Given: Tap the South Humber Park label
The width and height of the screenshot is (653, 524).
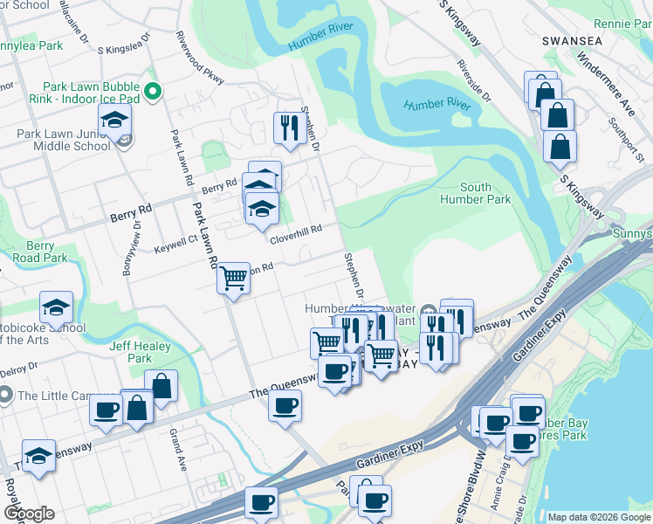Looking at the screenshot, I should coord(486,193).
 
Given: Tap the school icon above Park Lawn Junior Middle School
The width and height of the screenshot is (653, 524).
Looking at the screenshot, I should coord(114,121).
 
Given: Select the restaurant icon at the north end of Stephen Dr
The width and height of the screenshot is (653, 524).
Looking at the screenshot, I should coord(285,128).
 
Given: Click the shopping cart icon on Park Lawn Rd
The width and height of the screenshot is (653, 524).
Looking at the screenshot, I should coord(233,279).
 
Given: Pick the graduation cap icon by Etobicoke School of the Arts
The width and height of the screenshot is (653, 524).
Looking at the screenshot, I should coord(56,307).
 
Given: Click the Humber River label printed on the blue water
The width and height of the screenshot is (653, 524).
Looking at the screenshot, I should coord(437,105).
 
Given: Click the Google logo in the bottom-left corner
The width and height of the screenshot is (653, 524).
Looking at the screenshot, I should coord(29,513).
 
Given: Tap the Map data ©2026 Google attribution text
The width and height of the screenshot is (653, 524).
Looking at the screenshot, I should coord(598,517).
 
